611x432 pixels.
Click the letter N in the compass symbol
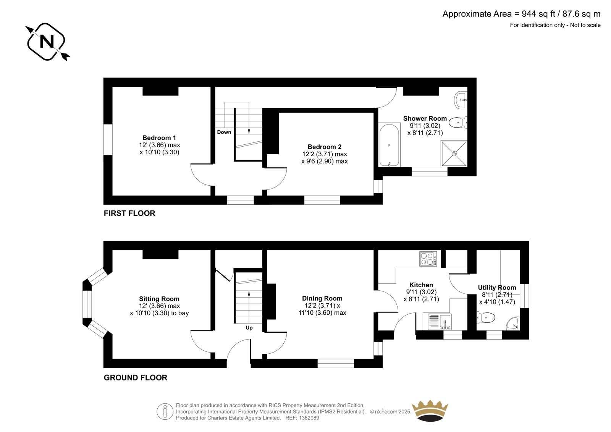(x=47, y=42)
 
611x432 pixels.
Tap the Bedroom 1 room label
(x=159, y=138)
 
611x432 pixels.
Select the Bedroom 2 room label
(x=325, y=147)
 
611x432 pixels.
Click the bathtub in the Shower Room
(x=389, y=145)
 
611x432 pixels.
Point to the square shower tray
(x=454, y=154)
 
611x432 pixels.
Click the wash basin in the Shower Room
(x=461, y=100)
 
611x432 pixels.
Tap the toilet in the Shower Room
(x=458, y=123)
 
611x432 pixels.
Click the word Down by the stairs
(x=224, y=132)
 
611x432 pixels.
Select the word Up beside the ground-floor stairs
(x=249, y=328)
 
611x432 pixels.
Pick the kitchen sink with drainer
(x=440, y=321)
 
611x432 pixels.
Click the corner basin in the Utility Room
(x=514, y=324)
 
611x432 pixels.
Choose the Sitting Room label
(x=159, y=299)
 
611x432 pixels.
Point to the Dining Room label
(x=322, y=298)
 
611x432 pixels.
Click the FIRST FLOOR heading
(x=129, y=213)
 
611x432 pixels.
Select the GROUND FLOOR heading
(x=135, y=378)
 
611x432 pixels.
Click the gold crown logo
(x=430, y=411)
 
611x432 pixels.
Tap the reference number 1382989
(x=309, y=418)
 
